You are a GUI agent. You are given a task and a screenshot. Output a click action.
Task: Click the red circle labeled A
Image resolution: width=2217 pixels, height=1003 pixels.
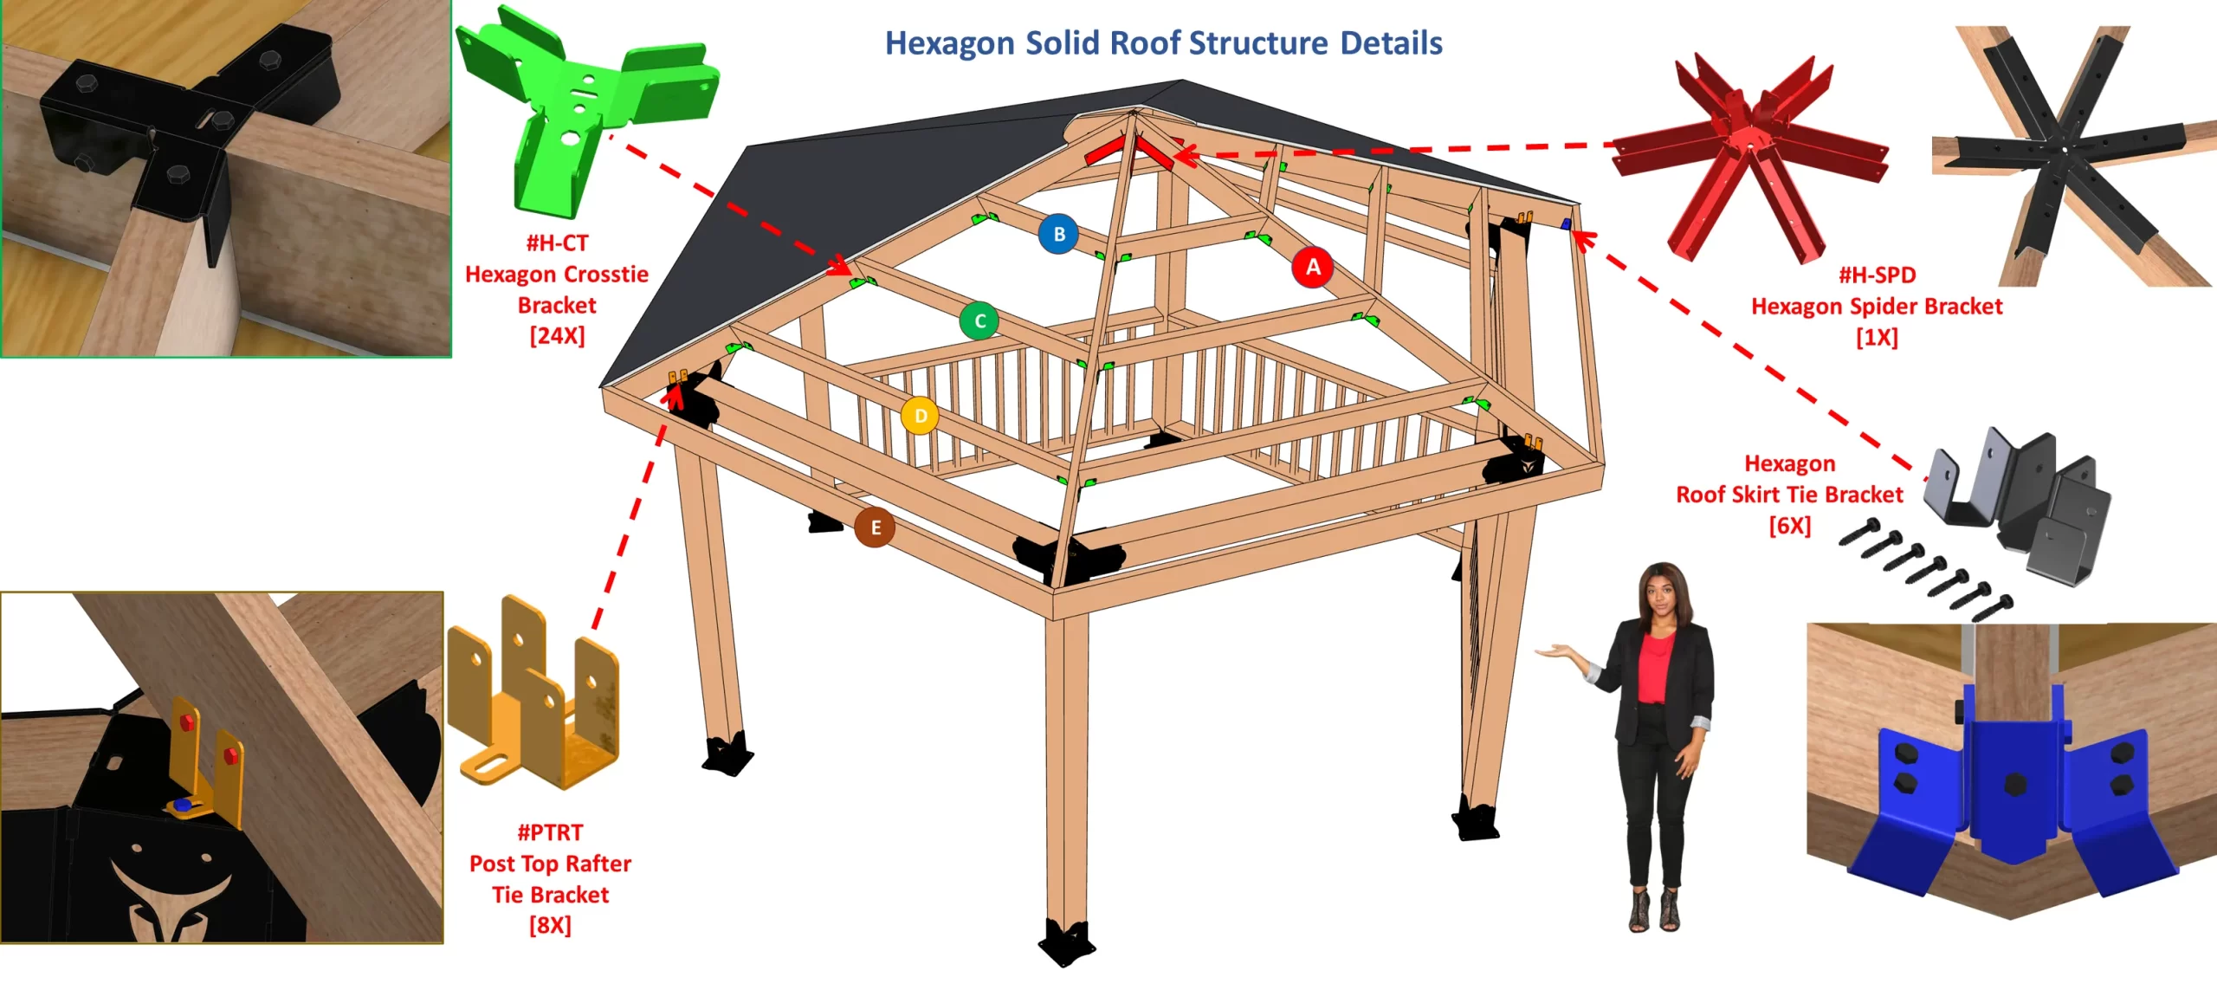point(1313,267)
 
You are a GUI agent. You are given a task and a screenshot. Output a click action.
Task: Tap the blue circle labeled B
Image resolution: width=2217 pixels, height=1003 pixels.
point(1058,234)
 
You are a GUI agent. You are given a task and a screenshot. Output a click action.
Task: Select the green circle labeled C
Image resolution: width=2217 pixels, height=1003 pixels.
point(979,321)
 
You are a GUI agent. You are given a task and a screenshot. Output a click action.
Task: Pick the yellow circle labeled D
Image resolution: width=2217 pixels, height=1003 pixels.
point(920,416)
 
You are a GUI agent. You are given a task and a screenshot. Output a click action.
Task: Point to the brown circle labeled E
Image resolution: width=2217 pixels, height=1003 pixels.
point(875,527)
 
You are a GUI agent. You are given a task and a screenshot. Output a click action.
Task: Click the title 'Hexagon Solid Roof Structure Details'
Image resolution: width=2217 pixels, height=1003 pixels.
point(1163,43)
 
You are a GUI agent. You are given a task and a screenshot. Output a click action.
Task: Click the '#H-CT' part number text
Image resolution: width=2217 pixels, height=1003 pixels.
point(557,243)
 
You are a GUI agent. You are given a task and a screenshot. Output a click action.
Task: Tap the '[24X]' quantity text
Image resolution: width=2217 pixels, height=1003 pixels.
point(557,336)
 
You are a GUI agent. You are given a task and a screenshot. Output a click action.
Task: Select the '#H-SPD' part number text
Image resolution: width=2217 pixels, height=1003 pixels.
point(1877,275)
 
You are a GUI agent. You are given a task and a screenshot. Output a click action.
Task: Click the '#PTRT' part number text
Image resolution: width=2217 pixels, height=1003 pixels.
point(550,833)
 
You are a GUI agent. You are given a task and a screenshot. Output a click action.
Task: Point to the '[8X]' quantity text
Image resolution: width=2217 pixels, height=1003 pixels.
point(550,926)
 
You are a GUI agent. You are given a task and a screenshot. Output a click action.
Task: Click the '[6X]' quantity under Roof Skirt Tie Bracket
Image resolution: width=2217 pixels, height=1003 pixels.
point(1789,526)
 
